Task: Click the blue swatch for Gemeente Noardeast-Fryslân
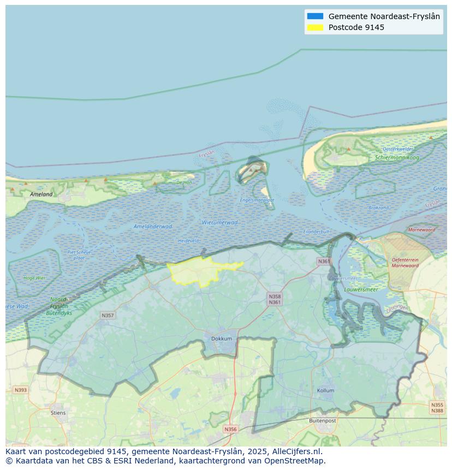pos(315,16)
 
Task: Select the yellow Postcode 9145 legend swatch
pos(315,27)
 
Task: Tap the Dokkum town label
pos(222,338)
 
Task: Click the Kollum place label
pos(325,391)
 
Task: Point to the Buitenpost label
pos(322,421)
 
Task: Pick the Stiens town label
pos(58,413)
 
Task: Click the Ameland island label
pos(41,194)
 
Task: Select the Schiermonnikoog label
pos(397,158)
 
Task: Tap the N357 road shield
pos(108,316)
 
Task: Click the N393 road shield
pos(20,390)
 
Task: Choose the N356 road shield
pos(230,429)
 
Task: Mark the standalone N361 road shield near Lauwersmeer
pos(324,261)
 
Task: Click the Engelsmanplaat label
pos(257,200)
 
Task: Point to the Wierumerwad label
pos(219,223)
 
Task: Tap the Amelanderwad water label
pos(152,226)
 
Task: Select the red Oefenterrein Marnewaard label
pos(405,263)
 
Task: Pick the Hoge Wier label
pos(34,278)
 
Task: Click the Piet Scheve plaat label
pos(79,254)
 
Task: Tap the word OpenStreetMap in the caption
pos(294,461)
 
